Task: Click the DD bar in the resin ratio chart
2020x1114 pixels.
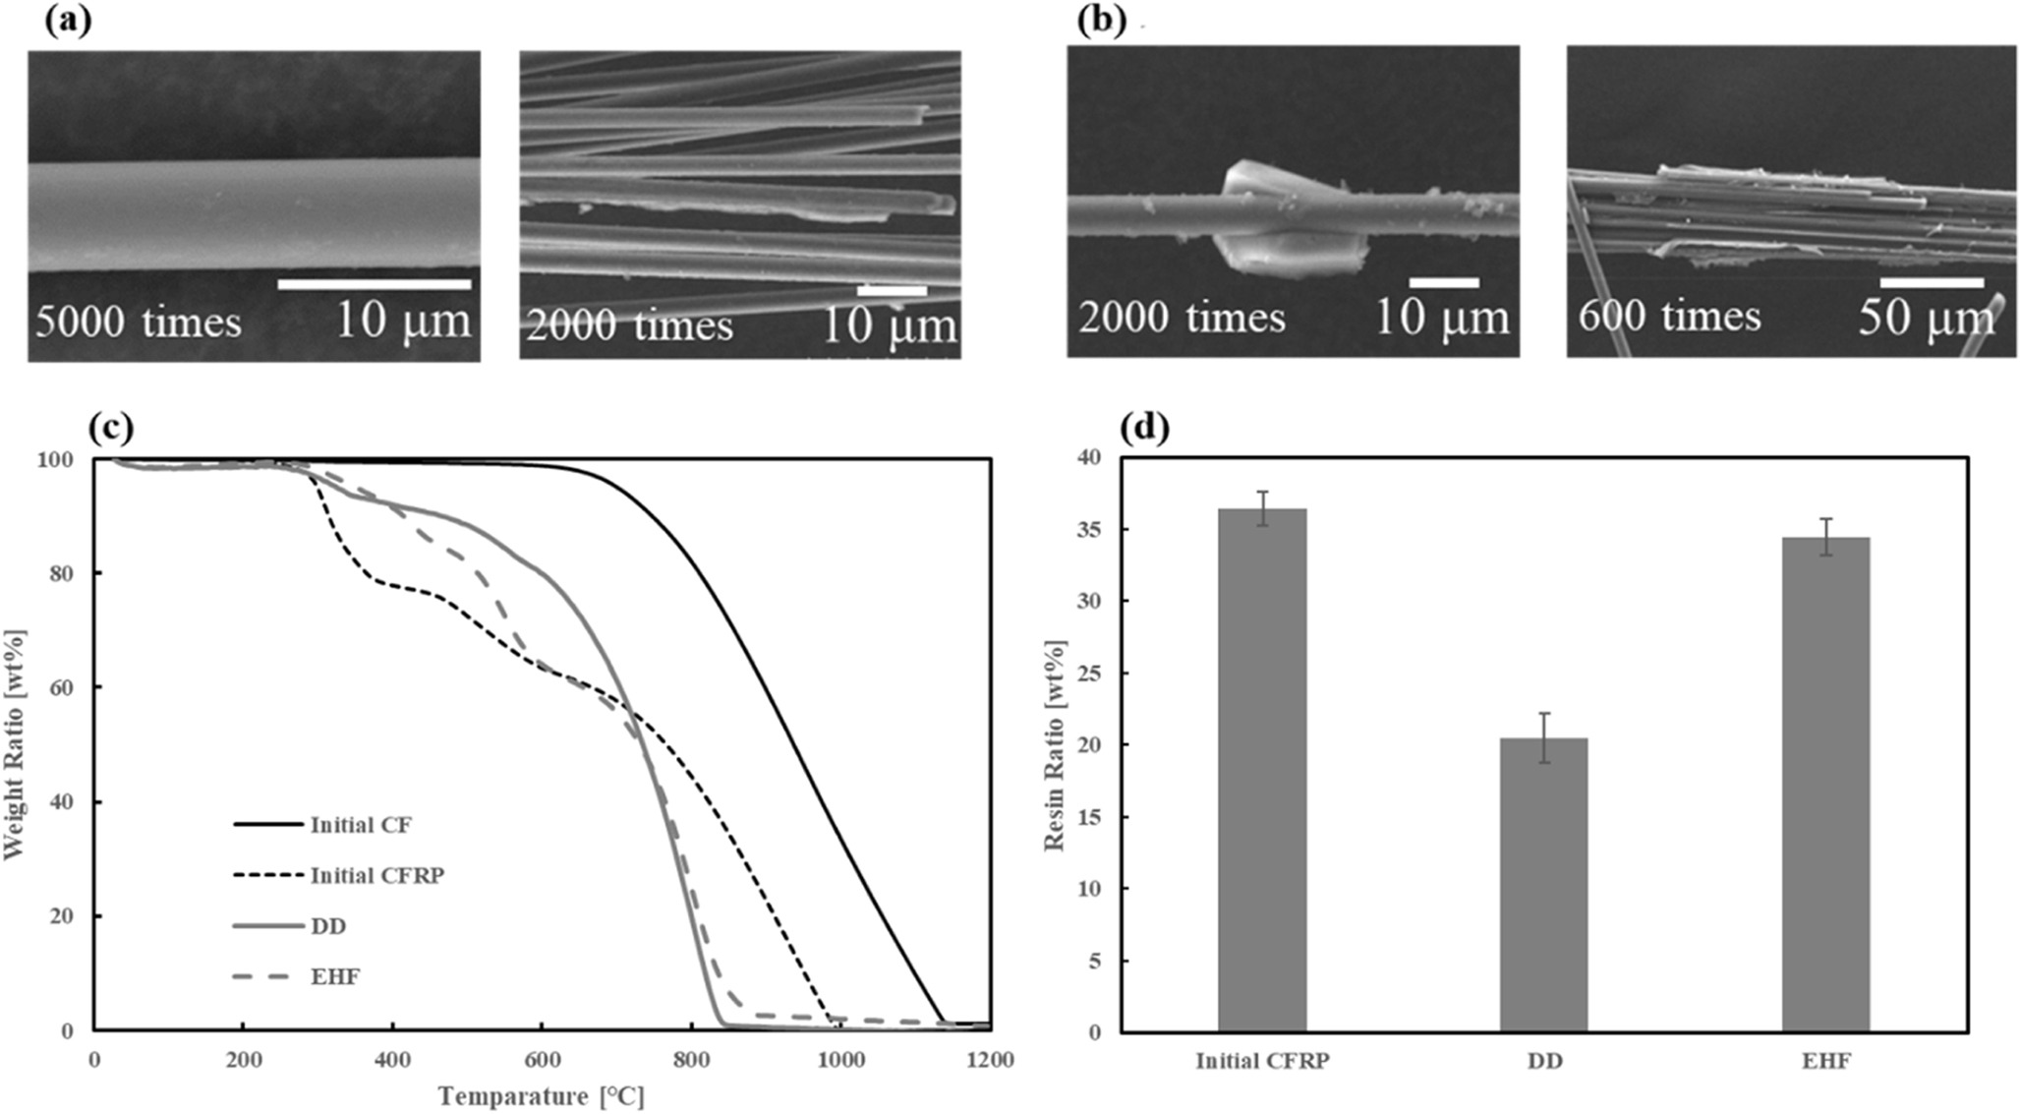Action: pyautogui.click(x=1543, y=885)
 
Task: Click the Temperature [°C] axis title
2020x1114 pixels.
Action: pyautogui.click(x=542, y=1095)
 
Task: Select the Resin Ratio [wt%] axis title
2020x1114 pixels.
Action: pyautogui.click(x=1055, y=745)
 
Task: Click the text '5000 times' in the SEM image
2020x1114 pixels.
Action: pyautogui.click(x=139, y=322)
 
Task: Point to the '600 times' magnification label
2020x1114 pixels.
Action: pyautogui.click(x=1669, y=317)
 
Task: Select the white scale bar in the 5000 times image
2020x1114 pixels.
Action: pyautogui.click(x=375, y=285)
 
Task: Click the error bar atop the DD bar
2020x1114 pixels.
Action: pyautogui.click(x=1543, y=737)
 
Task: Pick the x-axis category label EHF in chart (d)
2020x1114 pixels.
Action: pyautogui.click(x=1825, y=1062)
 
